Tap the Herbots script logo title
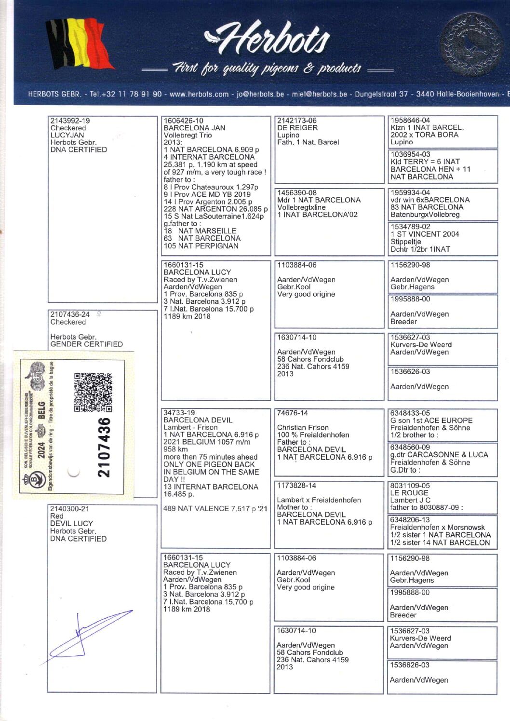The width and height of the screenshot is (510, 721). [268, 39]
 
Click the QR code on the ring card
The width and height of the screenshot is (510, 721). [93, 392]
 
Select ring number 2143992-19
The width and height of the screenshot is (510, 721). [70, 121]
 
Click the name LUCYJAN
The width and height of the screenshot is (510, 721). [67, 135]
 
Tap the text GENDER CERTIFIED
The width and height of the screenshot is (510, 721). [86, 344]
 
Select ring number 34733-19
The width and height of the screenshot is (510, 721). [179, 412]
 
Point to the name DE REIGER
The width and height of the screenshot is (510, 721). [297, 128]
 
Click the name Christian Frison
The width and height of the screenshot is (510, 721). [303, 427]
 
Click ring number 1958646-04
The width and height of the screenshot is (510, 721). [410, 120]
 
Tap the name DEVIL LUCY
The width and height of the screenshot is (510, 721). [71, 523]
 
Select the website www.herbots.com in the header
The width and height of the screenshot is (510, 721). [199, 94]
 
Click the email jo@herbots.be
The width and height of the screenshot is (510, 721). [260, 94]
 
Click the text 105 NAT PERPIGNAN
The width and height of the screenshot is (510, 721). [201, 245]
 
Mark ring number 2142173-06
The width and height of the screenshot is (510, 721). [297, 121]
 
